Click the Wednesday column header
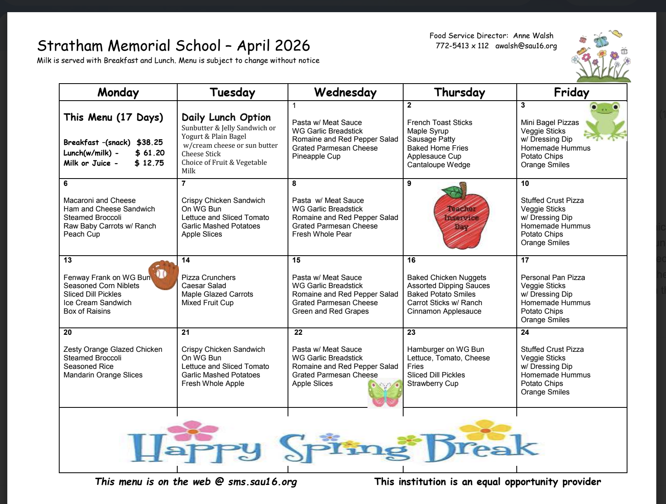(x=345, y=93)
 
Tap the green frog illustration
(x=605, y=121)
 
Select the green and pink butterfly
(x=385, y=393)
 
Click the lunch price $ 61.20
(x=150, y=153)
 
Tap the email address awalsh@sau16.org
(x=526, y=46)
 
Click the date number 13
(x=68, y=260)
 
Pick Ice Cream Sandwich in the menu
(x=97, y=303)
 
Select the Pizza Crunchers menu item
(x=208, y=278)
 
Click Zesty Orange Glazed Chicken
(x=113, y=349)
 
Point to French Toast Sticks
(x=440, y=123)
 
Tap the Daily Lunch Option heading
(x=226, y=117)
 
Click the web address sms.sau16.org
(x=262, y=482)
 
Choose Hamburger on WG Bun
(x=445, y=349)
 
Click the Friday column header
(x=571, y=93)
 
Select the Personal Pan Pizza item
(x=553, y=278)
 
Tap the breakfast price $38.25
(x=150, y=142)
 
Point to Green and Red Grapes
(x=330, y=311)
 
